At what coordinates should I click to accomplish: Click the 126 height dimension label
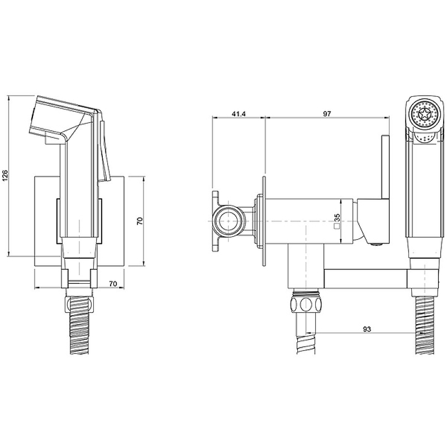(6, 176)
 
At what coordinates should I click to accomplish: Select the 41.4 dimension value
(239, 114)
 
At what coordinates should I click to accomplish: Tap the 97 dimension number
(327, 114)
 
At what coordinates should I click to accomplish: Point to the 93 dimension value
(367, 329)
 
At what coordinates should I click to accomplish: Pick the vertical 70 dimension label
(140, 221)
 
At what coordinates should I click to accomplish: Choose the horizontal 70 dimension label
(113, 284)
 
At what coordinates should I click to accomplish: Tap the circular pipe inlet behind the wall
(229, 221)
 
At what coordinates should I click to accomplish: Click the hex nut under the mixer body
(306, 304)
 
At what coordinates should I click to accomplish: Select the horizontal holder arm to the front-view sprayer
(365, 278)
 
